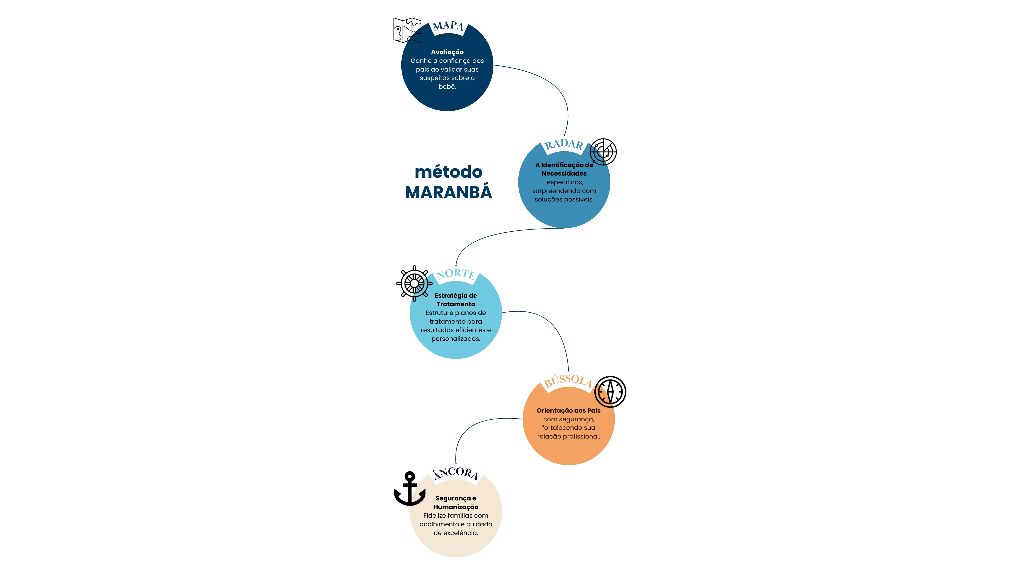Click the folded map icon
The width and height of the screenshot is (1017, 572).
coord(407,30)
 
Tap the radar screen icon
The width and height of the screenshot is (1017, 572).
coord(603,152)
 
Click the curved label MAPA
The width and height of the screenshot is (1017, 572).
coord(448,26)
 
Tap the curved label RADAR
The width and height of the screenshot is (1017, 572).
coord(564,145)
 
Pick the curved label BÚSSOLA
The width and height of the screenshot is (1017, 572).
coord(568,381)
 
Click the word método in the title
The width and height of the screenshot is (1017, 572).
coord(448,172)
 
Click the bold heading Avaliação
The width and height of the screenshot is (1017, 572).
coord(447,52)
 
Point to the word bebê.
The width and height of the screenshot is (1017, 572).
coord(447,86)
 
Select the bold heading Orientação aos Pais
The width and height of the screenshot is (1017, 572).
coord(569,411)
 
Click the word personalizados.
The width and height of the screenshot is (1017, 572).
coord(456,339)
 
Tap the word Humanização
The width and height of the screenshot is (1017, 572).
coord(456,507)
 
